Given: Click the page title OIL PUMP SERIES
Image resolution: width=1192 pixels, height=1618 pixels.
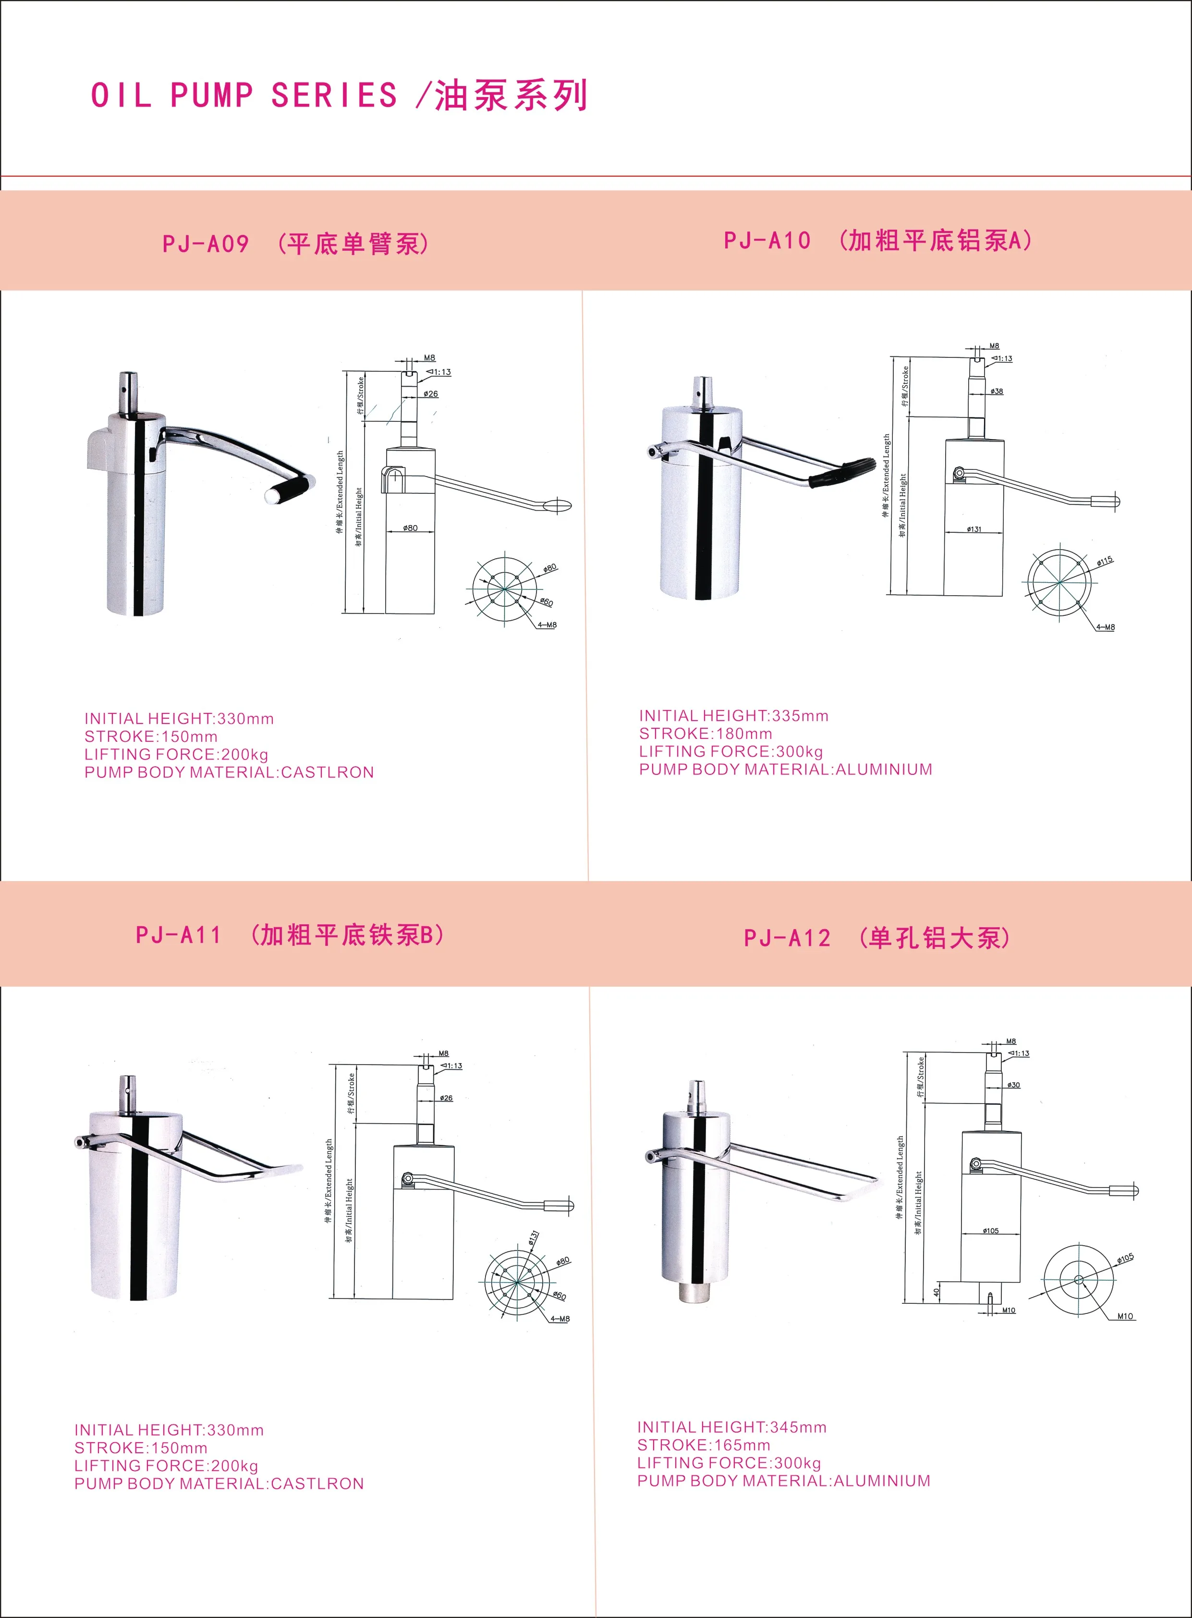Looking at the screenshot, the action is [244, 95].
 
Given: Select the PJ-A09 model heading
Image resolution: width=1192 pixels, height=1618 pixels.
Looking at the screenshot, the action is [206, 244].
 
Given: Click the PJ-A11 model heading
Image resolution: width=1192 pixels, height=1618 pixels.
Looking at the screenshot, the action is [178, 935].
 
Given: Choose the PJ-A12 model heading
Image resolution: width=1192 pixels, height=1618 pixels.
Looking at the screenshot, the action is [787, 938].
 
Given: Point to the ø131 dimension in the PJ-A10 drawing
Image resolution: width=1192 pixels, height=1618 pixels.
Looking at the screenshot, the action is [974, 529].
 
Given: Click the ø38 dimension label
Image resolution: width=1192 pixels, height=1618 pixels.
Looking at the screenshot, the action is [997, 391].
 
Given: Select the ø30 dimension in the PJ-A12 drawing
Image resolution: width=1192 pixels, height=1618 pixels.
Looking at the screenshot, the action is [1014, 1085].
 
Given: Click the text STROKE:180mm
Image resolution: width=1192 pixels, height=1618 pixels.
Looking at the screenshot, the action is [705, 733].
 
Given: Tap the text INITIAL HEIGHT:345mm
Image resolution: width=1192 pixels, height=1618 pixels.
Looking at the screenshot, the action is [731, 1427].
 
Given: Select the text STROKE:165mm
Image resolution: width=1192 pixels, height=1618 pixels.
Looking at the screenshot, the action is [704, 1445].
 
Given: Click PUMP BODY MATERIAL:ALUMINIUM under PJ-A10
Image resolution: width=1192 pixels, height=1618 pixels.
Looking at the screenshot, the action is [785, 769].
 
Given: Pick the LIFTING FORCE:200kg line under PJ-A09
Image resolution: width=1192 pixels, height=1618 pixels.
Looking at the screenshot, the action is [176, 754].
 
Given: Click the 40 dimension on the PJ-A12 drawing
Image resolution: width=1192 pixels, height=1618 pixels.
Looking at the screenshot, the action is [936, 1292].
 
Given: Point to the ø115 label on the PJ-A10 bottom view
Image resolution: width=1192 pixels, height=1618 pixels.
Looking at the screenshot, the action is [1105, 561].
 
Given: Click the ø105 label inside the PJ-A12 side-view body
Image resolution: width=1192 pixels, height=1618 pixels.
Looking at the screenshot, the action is [991, 1230].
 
